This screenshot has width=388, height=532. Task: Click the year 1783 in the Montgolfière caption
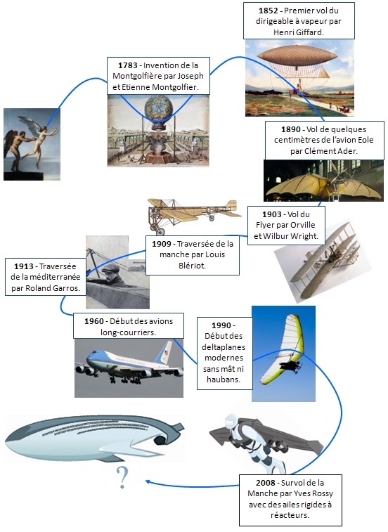(x=128, y=65)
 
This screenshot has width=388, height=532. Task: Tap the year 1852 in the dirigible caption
(x=269, y=11)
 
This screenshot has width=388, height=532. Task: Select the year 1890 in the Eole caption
(x=291, y=129)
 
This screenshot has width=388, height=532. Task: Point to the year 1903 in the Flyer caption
(x=272, y=214)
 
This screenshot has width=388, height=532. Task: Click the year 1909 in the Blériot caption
(x=162, y=244)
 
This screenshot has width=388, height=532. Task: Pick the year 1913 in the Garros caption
(x=24, y=266)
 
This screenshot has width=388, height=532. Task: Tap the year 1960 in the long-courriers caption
(x=94, y=321)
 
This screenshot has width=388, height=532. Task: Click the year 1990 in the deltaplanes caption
(x=221, y=325)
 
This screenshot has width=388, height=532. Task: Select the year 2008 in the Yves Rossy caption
(x=266, y=483)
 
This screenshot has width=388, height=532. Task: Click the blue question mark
(x=122, y=477)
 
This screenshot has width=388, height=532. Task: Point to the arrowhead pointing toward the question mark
(x=148, y=481)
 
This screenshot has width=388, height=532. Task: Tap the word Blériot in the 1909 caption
(x=192, y=266)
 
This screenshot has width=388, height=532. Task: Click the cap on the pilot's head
(x=111, y=268)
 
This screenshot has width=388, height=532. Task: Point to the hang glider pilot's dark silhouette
(x=290, y=365)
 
